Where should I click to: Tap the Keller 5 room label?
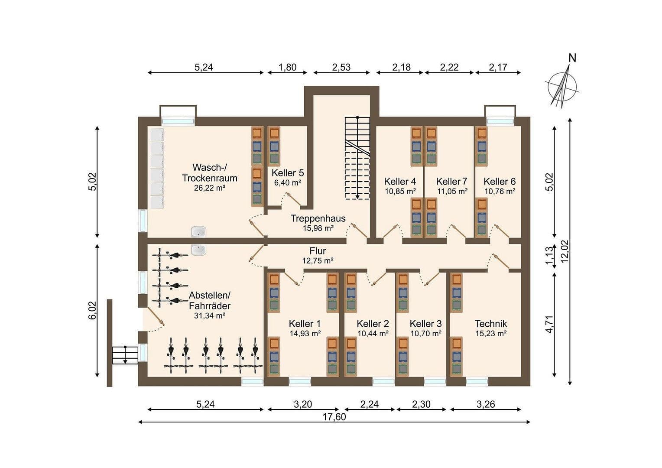[x=287, y=173]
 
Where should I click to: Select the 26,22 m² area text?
[x=210, y=188]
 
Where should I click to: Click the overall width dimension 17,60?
[x=334, y=417]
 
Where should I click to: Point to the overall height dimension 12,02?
[x=565, y=251]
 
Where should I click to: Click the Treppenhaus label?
[x=318, y=218]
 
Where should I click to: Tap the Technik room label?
[x=490, y=324]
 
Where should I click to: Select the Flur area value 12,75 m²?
[x=318, y=260]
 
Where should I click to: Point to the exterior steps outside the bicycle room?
[x=125, y=355]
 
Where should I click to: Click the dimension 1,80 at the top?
[x=287, y=67]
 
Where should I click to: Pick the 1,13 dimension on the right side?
[x=549, y=256]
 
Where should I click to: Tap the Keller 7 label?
[x=451, y=182]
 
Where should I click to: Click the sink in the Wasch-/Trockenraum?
[x=198, y=232]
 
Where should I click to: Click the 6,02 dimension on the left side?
[x=92, y=310]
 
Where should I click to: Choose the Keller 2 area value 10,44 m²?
[x=373, y=333]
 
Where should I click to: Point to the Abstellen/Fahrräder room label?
[x=209, y=300]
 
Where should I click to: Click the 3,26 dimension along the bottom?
[x=486, y=404]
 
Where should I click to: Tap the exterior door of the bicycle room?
[x=154, y=317]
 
